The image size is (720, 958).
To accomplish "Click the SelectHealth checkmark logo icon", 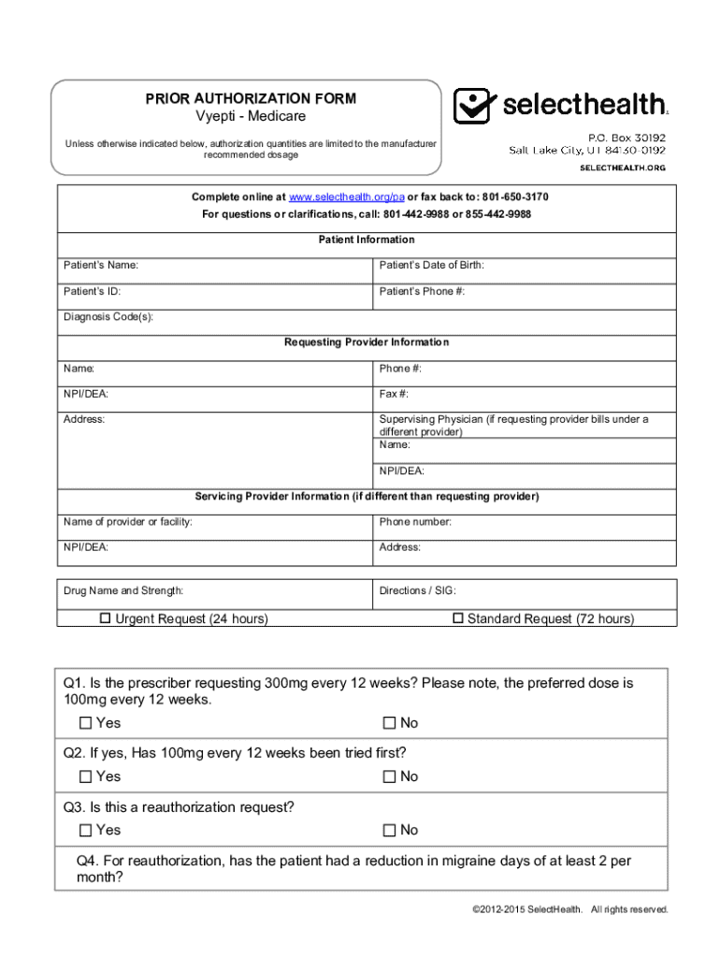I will pyautogui.click(x=472, y=106).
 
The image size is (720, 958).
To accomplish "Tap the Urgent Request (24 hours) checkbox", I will pyautogui.click(x=106, y=618).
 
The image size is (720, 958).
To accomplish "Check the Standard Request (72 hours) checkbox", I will pyautogui.click(x=458, y=618).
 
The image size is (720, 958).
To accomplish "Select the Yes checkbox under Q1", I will pyautogui.click(x=86, y=723).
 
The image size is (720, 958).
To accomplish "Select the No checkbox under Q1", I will pyautogui.click(x=390, y=723).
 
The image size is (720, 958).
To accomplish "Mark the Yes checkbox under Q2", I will pyautogui.click(x=86, y=777).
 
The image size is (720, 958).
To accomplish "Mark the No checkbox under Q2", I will pyautogui.click(x=390, y=777).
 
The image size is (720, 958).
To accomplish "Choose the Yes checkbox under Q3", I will pyautogui.click(x=86, y=830).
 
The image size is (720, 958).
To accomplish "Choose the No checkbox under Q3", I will pyautogui.click(x=390, y=830).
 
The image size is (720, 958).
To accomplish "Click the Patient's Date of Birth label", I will pyautogui.click(x=431, y=266).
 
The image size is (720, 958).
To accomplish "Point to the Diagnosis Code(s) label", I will pyautogui.click(x=108, y=317).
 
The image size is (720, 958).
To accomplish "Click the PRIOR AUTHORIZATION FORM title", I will pyautogui.click(x=250, y=98).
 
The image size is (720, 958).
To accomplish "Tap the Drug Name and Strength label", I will pyautogui.click(x=123, y=591).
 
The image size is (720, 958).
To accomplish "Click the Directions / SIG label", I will pyautogui.click(x=417, y=591).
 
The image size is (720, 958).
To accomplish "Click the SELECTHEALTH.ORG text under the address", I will pyautogui.click(x=623, y=167).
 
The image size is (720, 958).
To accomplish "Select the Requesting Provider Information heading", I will pyautogui.click(x=367, y=342).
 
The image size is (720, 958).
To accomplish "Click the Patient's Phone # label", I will pyautogui.click(x=422, y=292).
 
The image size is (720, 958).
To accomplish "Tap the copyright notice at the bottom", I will pyautogui.click(x=571, y=908).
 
